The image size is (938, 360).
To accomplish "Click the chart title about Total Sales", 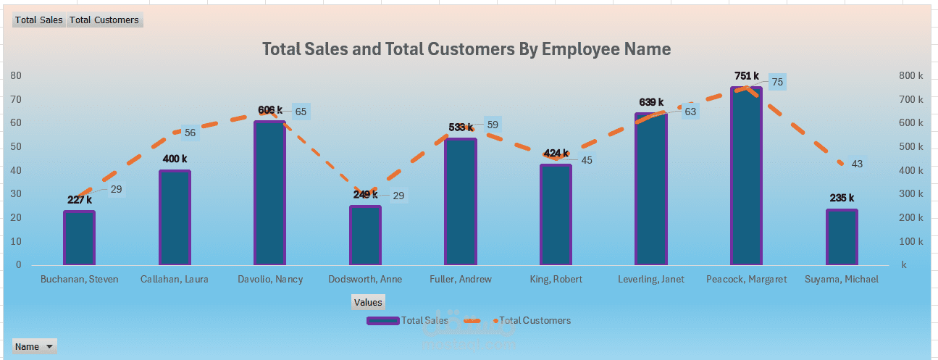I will pyautogui.click(x=466, y=49).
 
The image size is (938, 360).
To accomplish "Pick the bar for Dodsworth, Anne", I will pyautogui.click(x=365, y=235).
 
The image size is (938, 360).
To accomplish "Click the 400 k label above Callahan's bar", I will pyautogui.click(x=175, y=159).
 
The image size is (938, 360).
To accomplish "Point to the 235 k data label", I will pyautogui.click(x=842, y=198).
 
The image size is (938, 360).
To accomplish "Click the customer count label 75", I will pyautogui.click(x=777, y=83).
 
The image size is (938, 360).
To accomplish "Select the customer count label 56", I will pyautogui.click(x=190, y=133).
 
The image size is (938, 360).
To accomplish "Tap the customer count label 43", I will pyautogui.click(x=857, y=164).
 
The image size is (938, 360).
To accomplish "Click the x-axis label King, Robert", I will pyautogui.click(x=556, y=279).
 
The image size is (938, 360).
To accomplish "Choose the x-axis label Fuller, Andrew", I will pyautogui.click(x=461, y=279).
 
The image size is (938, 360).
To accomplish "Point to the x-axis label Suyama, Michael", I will pyautogui.click(x=841, y=279).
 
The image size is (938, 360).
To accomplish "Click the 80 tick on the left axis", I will pyautogui.click(x=16, y=75).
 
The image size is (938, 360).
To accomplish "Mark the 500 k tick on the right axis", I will pyautogui.click(x=910, y=146).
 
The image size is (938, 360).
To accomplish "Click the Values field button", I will pyautogui.click(x=368, y=302).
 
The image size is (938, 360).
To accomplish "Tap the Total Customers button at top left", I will pyautogui.click(x=104, y=20).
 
